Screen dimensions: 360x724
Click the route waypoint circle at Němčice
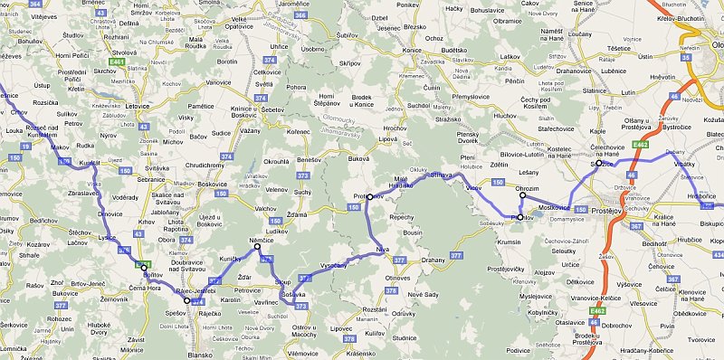click(257, 247)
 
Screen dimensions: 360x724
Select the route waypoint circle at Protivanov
click(370, 196)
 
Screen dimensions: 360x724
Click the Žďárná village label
click(295, 214)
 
